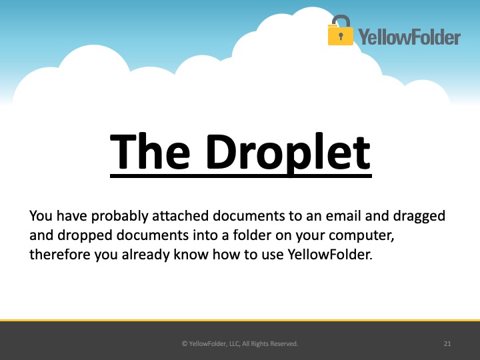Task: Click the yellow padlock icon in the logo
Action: point(340,31)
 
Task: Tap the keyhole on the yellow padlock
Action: point(341,36)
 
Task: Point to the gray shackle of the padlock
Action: point(341,21)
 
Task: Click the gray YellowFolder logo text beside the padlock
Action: point(409,37)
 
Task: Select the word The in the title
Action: point(150,151)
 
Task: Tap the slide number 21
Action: point(447,344)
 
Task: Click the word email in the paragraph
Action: point(343,216)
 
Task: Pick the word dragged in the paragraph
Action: point(419,217)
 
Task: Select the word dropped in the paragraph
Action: point(85,236)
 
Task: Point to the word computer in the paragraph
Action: point(361,236)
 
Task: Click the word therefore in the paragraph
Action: point(60,255)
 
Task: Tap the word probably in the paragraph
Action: point(120,217)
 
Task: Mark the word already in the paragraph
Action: point(146,255)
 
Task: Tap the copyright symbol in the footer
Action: point(185,344)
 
